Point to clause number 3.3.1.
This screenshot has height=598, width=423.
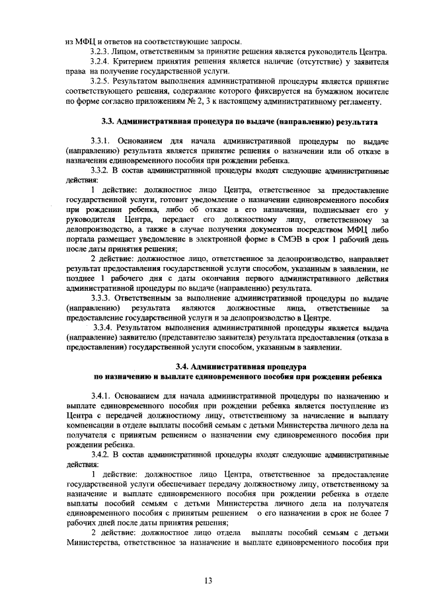[x=102, y=141]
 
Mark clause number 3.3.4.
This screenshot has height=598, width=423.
[x=104, y=328]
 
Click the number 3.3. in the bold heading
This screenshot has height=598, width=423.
[x=108, y=122]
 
